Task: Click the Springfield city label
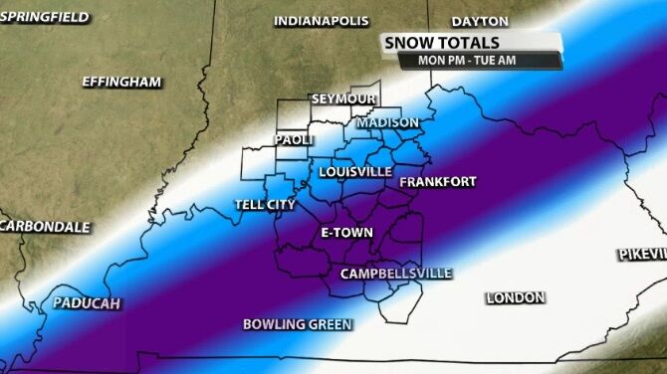(x=44, y=17)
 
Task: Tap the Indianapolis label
(x=321, y=21)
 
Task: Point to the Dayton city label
(x=479, y=21)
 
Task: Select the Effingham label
(x=121, y=83)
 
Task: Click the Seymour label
(x=342, y=99)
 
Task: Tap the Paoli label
(x=295, y=140)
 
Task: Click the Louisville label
(x=355, y=172)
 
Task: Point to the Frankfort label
(x=437, y=182)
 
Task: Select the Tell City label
(x=264, y=205)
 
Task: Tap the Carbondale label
(x=44, y=227)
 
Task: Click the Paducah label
(x=86, y=302)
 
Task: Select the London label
(x=515, y=297)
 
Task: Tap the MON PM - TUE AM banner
(x=480, y=61)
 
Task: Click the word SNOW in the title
(x=409, y=43)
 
